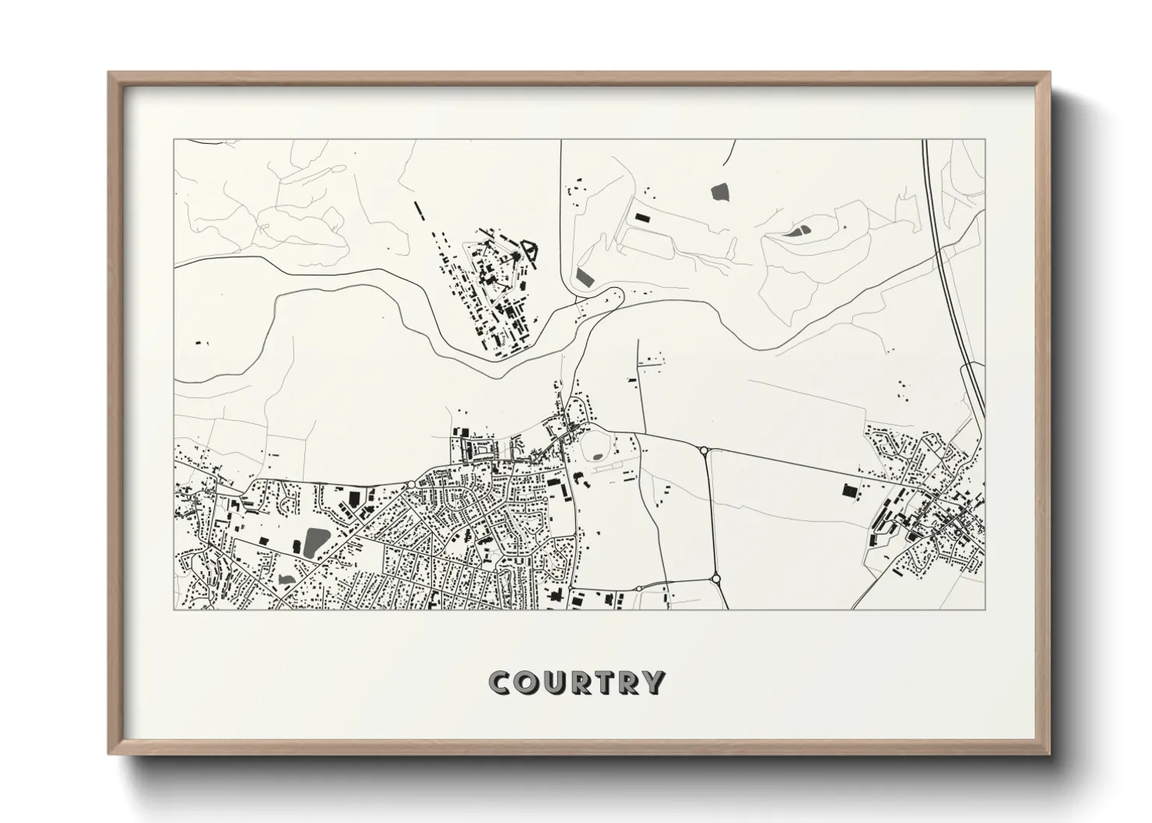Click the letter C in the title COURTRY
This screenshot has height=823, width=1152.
[x=500, y=683]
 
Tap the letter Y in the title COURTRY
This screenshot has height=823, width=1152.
[x=652, y=683]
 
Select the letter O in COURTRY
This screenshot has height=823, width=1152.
[x=525, y=683]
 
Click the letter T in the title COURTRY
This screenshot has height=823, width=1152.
[x=602, y=683]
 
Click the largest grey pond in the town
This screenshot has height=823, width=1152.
[x=316, y=539]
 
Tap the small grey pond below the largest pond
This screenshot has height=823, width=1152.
[x=285, y=579]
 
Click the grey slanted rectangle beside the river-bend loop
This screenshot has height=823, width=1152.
[x=585, y=275]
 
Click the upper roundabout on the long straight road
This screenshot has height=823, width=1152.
[x=704, y=450]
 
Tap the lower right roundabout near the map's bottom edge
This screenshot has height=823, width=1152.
[x=715, y=578]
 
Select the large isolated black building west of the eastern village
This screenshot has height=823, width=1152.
[x=848, y=490]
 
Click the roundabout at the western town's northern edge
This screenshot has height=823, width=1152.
[x=410, y=485]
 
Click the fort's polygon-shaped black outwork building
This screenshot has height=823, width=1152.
[x=532, y=249]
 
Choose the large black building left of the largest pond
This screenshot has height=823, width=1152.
[x=297, y=545]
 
